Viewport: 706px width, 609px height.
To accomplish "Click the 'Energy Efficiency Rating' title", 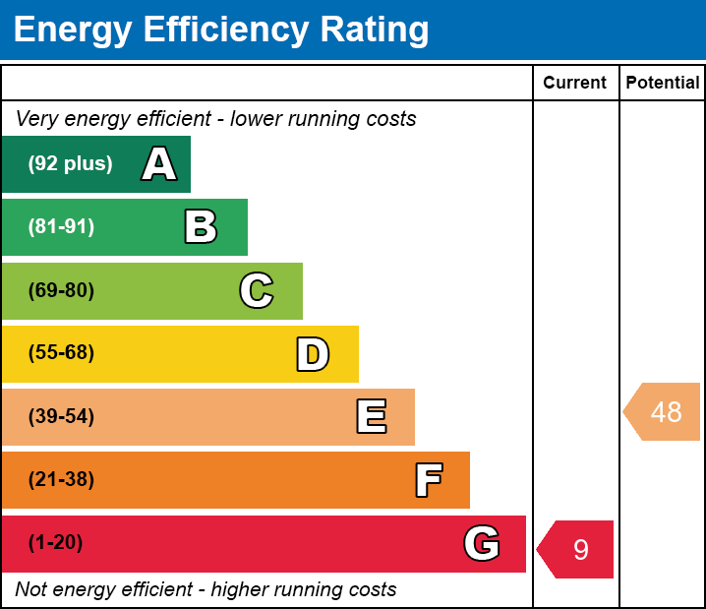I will (x=221, y=30).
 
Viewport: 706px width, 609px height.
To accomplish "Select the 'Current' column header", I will (x=575, y=83).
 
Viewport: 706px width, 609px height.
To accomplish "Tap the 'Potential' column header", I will (x=663, y=83).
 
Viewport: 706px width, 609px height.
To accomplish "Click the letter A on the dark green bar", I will (x=159, y=164).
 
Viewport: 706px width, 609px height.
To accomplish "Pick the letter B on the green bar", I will (x=201, y=227).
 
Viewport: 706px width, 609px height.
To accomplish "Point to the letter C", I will (x=257, y=290).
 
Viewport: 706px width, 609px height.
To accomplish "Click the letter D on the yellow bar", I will (x=313, y=354).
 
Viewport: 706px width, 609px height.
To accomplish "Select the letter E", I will (x=371, y=417).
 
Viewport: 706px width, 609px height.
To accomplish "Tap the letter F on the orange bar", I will (x=428, y=480).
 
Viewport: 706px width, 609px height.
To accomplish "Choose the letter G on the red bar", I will (x=482, y=543).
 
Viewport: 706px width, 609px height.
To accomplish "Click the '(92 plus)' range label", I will (x=70, y=164).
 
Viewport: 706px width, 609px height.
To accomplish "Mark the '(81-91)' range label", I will (x=61, y=227).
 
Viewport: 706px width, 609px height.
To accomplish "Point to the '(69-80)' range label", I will (x=61, y=290).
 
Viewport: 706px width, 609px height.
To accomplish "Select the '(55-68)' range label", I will (x=61, y=353).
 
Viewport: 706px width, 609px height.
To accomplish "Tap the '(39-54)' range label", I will (x=61, y=417).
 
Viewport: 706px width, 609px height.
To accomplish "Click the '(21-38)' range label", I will (x=61, y=480).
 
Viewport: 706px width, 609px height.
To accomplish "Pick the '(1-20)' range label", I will (x=56, y=543).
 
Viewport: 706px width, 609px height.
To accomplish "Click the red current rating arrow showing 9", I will (x=577, y=549).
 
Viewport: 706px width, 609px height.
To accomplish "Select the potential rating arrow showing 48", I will (x=664, y=411).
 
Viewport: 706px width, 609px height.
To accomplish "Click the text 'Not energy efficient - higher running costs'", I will (x=206, y=590).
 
